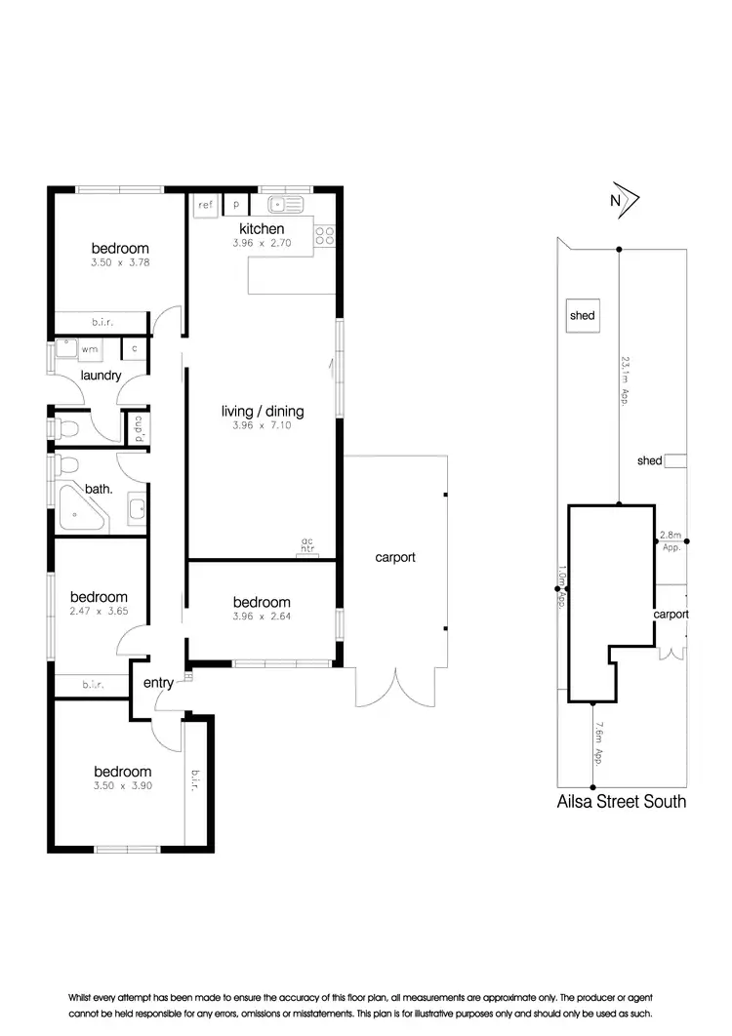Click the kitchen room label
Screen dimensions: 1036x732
(x=261, y=228)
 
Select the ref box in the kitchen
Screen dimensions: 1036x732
(x=205, y=205)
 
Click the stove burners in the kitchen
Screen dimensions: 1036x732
(x=324, y=235)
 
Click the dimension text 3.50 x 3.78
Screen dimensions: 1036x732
(x=121, y=261)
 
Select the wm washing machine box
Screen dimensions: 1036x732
(x=89, y=348)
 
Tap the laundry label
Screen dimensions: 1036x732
(x=102, y=376)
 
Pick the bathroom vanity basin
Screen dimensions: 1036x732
(x=136, y=509)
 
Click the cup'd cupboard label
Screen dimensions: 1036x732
(x=138, y=427)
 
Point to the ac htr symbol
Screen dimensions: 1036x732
(x=306, y=546)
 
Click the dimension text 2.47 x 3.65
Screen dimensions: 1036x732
(x=98, y=612)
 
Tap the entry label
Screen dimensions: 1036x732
(x=158, y=683)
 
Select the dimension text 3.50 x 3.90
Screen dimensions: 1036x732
(x=121, y=784)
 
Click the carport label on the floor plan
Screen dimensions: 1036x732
(x=395, y=558)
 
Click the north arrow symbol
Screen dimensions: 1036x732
(x=623, y=201)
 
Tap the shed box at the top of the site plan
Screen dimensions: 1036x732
(x=584, y=315)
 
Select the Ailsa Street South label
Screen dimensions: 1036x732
(x=622, y=802)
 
